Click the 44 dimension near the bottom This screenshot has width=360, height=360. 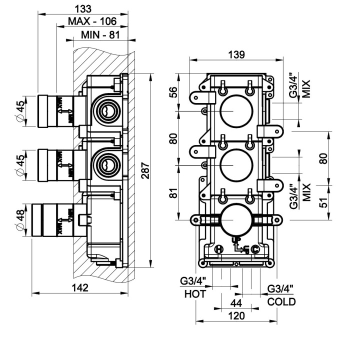(x=236, y=303)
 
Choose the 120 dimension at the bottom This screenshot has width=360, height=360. (x=236, y=315)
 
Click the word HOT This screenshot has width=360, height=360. (x=195, y=294)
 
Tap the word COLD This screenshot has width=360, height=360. (x=281, y=301)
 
